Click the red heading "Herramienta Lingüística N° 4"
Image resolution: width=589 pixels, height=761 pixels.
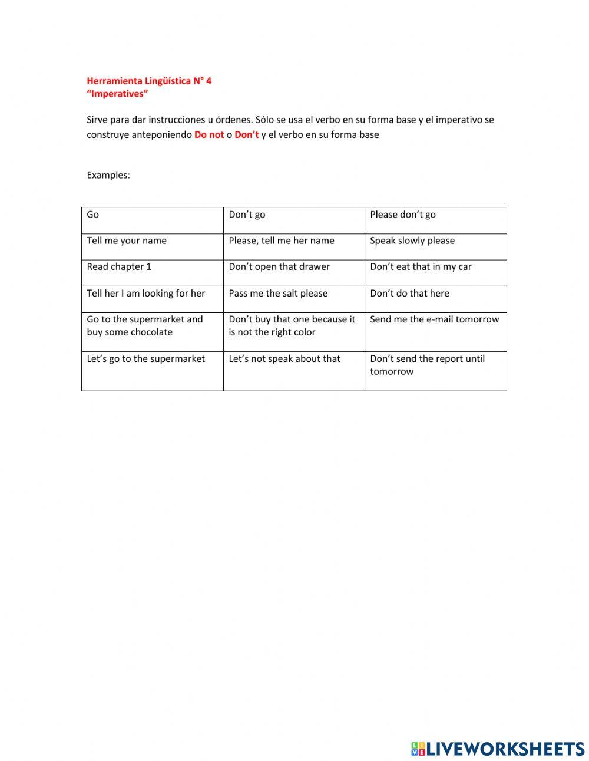coord(149,81)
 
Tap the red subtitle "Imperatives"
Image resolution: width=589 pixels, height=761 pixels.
coord(117,94)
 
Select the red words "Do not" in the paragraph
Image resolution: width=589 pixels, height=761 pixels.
coord(209,135)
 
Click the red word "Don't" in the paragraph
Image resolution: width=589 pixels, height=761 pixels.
coord(247,135)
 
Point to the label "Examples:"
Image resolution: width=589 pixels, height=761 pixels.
coord(108,175)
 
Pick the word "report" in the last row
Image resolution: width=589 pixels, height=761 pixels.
coord(448,359)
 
